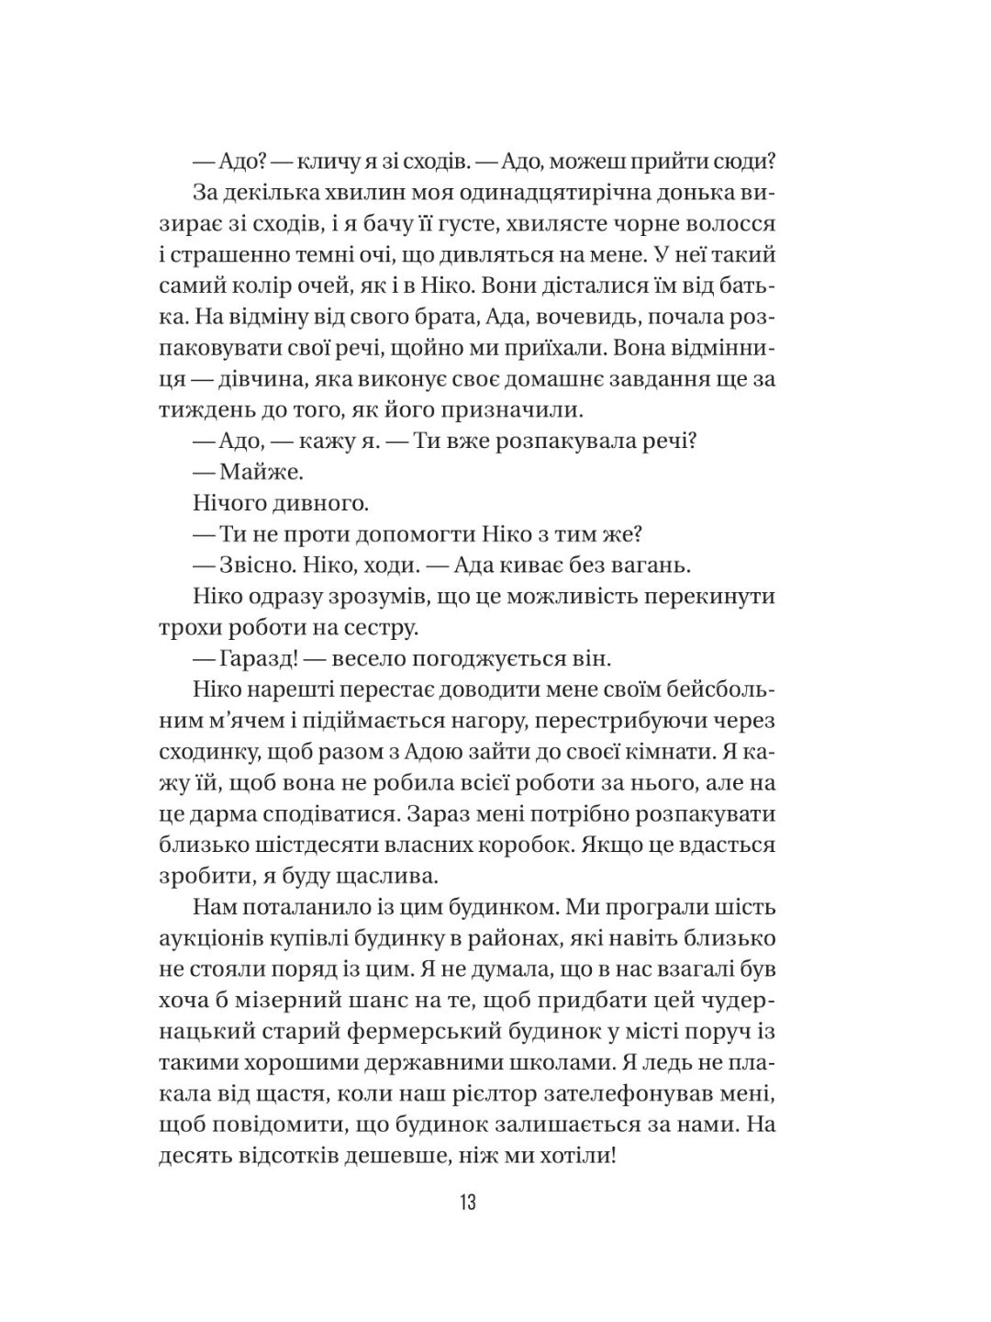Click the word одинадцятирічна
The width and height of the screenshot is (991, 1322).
527,192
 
